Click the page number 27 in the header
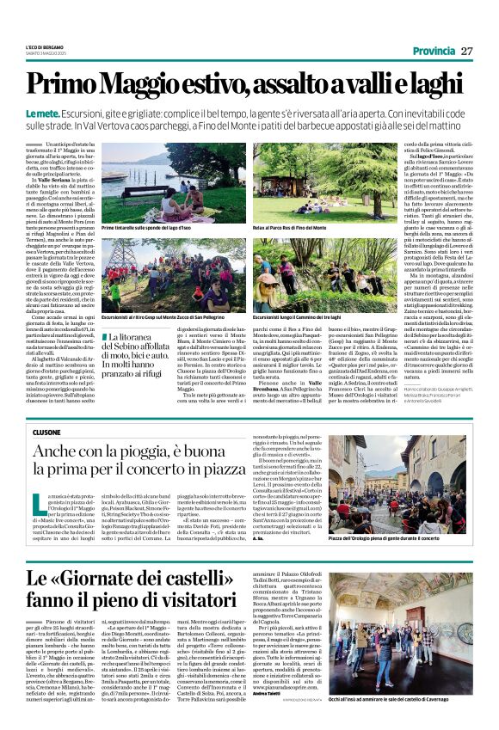pos(467,51)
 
